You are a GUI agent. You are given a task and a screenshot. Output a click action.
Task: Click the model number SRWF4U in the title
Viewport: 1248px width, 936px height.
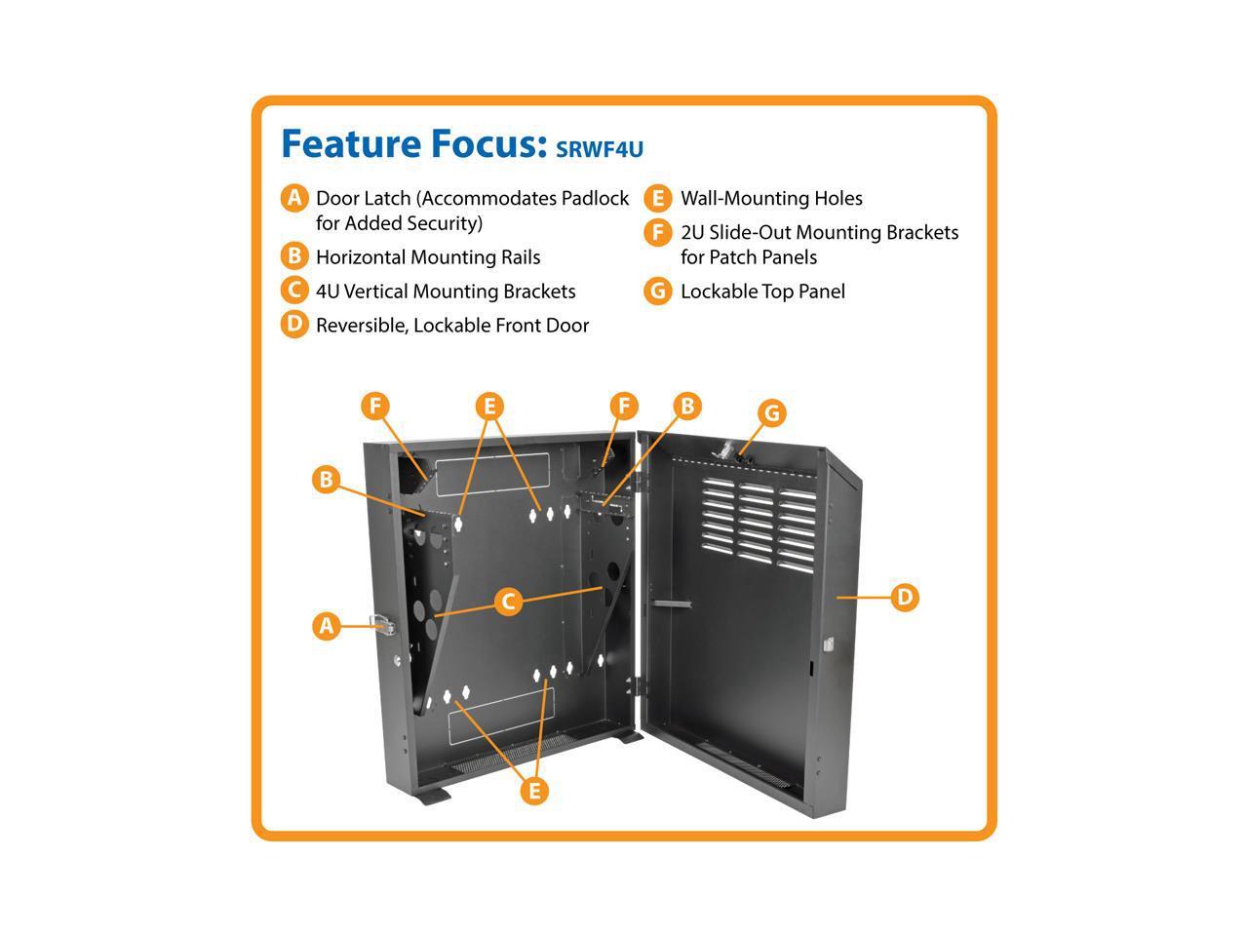coord(599,149)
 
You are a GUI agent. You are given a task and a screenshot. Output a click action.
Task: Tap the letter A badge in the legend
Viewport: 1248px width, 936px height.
coord(294,198)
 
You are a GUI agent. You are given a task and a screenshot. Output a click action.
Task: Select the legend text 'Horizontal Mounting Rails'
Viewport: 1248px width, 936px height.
coord(427,257)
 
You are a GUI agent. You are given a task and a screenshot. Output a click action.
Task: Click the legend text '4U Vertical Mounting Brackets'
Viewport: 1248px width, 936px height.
coord(445,292)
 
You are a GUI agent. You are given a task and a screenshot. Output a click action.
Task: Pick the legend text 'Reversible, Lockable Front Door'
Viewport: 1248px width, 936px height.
coord(451,326)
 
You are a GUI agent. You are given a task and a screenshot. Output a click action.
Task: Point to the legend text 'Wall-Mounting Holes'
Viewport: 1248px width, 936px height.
coord(770,199)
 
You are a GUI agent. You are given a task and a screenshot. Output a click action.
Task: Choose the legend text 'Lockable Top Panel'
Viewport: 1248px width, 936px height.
coord(761,292)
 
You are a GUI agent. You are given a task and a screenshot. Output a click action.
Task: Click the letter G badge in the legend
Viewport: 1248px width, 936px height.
coord(658,292)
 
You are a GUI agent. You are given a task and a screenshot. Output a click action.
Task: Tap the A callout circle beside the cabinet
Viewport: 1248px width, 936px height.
coord(327,625)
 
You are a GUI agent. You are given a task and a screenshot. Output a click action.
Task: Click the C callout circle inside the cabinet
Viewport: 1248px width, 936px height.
coord(508,602)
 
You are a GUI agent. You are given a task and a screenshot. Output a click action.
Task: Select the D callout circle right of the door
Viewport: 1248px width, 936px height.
coord(905,596)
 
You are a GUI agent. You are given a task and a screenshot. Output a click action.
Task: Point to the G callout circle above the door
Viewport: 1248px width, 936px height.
coord(771,412)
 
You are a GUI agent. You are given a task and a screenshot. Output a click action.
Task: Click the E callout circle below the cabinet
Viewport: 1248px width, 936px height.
coord(533,791)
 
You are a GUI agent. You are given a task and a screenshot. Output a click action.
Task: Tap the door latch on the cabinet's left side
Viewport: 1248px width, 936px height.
coord(382,626)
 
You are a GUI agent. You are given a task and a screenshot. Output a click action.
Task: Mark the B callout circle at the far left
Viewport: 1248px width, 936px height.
coord(327,479)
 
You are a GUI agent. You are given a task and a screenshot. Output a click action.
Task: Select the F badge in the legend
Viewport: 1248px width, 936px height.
coord(658,233)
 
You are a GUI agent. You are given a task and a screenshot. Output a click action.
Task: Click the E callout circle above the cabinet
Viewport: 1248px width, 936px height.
coord(490,407)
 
